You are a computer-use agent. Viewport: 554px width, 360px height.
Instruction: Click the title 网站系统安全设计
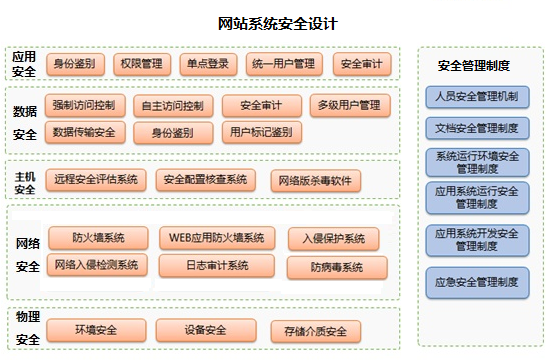pos(277,22)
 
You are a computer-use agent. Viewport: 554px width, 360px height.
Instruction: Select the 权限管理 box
pos(138,64)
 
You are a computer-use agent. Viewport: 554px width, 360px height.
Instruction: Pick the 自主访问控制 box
pos(172,105)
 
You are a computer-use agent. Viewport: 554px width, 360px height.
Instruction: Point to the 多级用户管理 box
pos(347,105)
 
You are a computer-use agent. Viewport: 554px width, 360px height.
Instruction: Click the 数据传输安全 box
pos(84,131)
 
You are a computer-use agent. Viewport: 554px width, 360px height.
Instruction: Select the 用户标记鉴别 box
pos(260,131)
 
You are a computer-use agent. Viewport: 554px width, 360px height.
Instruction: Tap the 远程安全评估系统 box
pos(95,180)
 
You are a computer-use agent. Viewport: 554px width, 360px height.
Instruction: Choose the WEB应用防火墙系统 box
pos(217,238)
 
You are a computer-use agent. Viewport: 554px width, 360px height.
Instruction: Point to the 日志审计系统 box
pos(217,266)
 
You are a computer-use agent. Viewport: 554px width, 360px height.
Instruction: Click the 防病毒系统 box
pos(333,267)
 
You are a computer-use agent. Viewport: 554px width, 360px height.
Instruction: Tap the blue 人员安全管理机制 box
pos(476,98)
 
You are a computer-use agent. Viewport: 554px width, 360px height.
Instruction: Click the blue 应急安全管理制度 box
pos(476,283)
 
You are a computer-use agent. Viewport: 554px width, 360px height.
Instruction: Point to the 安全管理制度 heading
pos(475,66)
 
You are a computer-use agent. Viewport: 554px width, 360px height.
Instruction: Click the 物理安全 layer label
pos(27,328)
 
